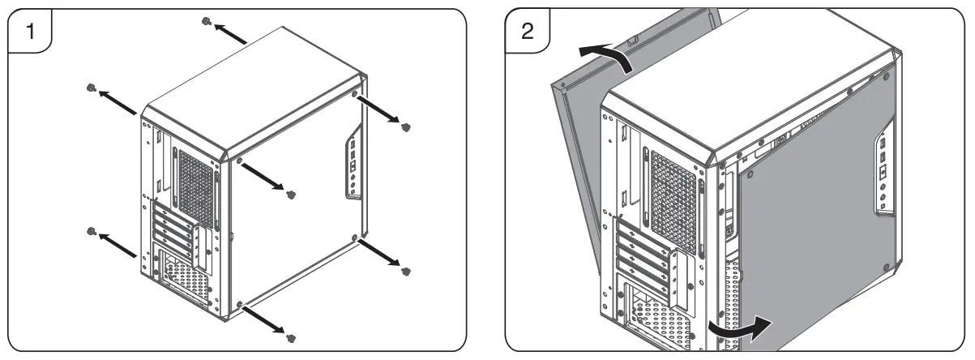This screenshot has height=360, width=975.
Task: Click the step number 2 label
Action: point(527,32)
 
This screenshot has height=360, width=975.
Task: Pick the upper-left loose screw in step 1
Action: point(92,88)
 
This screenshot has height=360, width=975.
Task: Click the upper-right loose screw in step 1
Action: point(407,126)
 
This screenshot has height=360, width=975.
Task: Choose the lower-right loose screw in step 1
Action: point(407,270)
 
